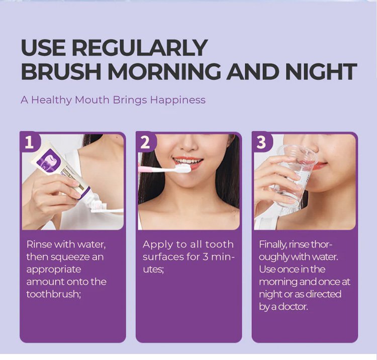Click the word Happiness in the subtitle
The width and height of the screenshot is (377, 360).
(x=177, y=100)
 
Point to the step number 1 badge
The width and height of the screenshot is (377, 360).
(x=29, y=142)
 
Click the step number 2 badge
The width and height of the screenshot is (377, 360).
(x=145, y=142)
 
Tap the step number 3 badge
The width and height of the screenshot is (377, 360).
(x=261, y=142)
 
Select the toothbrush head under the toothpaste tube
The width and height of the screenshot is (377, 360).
(x=99, y=207)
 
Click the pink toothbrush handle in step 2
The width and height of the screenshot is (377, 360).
(x=156, y=169)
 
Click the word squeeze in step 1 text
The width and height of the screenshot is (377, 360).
(x=70, y=257)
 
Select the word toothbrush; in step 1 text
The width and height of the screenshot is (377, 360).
(x=53, y=294)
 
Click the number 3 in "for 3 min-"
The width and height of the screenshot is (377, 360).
(x=205, y=257)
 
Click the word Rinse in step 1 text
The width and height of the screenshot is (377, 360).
(x=39, y=245)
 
